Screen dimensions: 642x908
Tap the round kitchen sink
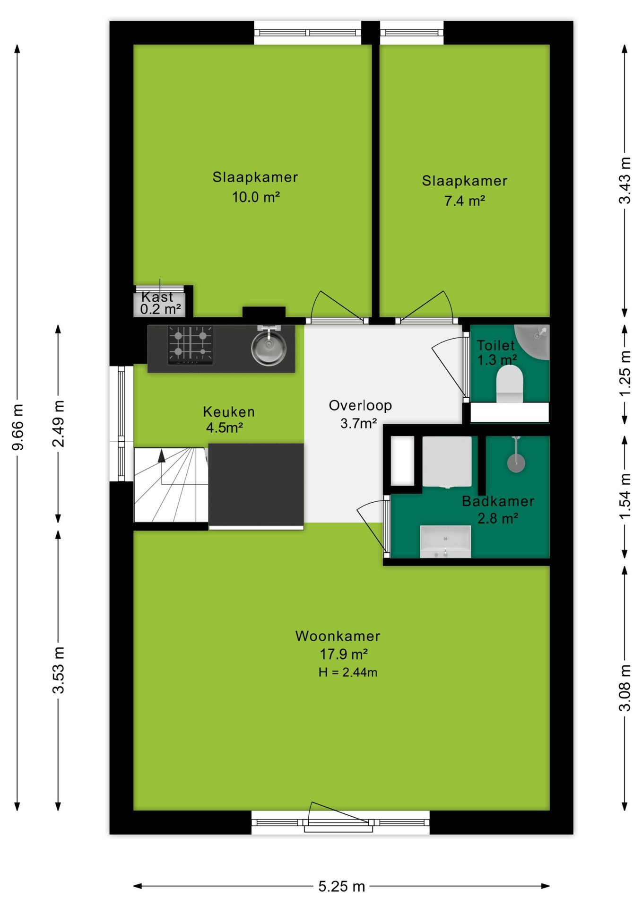(269, 348)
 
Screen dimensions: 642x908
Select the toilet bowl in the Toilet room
(510, 384)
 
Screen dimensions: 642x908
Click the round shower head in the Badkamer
(516, 463)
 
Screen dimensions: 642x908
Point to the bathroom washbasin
(445, 541)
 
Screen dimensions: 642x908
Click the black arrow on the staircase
(162, 455)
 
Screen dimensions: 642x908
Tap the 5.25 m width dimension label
(341, 886)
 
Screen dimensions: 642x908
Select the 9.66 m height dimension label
(17, 427)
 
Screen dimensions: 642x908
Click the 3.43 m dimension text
(625, 181)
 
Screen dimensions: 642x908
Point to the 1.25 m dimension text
(625, 374)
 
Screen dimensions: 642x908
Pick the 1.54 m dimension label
(625, 496)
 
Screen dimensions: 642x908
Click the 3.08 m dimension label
(625, 688)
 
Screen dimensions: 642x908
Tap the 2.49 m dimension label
(58, 424)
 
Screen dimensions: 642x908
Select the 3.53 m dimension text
(58, 670)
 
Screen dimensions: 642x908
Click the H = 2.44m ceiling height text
(348, 672)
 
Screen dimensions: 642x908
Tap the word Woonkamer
(338, 636)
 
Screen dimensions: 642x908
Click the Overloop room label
(360, 406)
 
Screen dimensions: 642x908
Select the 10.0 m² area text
(256, 197)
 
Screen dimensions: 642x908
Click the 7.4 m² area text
(465, 201)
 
